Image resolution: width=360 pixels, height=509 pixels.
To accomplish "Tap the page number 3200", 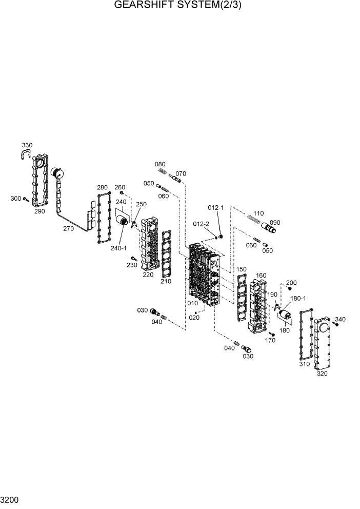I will (10, 499).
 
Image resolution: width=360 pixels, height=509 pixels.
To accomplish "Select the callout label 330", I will (27, 145).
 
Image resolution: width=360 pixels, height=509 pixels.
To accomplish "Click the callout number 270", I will (68, 229).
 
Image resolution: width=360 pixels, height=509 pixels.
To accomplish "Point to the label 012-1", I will (216, 207).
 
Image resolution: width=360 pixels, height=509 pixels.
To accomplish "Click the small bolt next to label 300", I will (25, 199).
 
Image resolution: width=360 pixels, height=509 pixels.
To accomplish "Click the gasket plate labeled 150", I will (242, 298).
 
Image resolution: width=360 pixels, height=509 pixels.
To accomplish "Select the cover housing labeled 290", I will (38, 182).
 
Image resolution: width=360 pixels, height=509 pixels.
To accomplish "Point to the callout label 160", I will (261, 276).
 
